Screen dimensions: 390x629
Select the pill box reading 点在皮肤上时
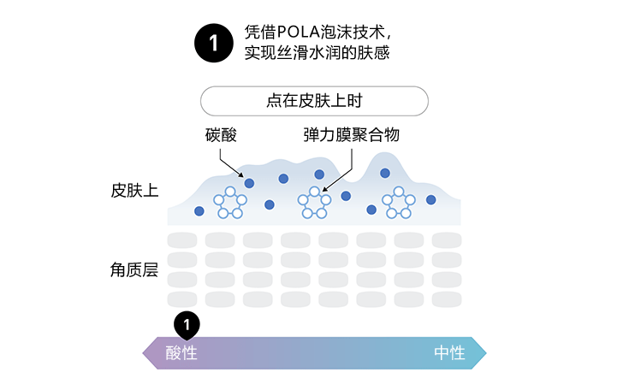pos(314,101)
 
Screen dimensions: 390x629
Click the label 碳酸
pos(221,135)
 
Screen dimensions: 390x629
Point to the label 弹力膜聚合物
pos(351,135)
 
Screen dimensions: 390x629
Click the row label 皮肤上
pos(134,190)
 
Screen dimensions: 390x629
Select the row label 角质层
pos(134,270)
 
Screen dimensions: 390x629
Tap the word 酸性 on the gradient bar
pos(181,352)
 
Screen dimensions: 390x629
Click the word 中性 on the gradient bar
pos(449,352)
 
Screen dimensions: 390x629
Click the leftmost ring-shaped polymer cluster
pos(230,202)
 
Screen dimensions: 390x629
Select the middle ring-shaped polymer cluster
pos(313,202)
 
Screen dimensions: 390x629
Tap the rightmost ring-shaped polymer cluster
pos(399,202)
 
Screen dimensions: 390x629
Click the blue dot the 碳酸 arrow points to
pos(249,182)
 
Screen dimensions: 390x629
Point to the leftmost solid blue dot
pos(199,211)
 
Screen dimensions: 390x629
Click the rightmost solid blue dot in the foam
pos(431,199)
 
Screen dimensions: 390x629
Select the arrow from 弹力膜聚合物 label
pos(339,168)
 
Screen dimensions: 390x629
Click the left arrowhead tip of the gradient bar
pos(145,352)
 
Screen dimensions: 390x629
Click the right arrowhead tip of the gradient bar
pos(485,352)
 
